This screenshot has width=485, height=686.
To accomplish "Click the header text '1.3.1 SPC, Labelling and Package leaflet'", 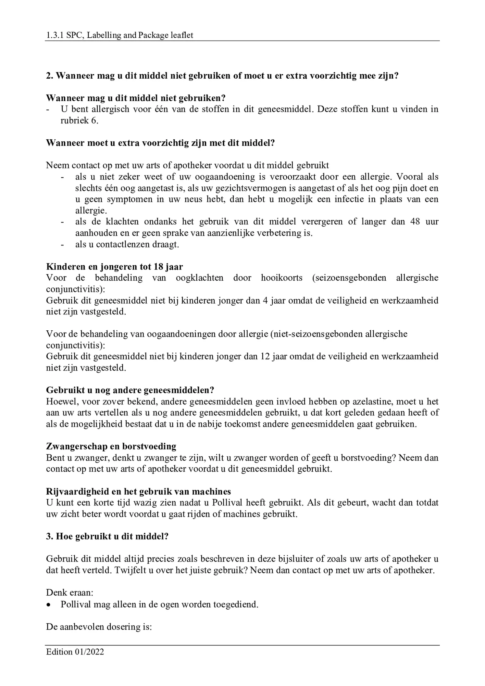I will point(119,35).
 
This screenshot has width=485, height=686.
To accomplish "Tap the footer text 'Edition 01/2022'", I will point(75,652).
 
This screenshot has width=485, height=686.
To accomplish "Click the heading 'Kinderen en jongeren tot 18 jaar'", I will point(114,267).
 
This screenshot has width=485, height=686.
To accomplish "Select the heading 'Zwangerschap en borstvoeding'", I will point(111,446).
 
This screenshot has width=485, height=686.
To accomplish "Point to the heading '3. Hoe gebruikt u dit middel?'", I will point(107,536).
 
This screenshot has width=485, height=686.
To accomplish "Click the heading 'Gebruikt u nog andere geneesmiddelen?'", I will point(130,390).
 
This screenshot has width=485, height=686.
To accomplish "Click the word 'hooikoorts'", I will point(281,278).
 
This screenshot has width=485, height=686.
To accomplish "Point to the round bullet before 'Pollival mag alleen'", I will point(49,605).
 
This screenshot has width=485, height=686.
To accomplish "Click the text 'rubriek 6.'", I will point(79,121).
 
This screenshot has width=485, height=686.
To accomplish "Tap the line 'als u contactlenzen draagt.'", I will point(127,244).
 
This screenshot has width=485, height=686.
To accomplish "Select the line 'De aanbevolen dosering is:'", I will point(99,627).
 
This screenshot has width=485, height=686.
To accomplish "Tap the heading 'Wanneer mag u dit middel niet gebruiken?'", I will point(136,98).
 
